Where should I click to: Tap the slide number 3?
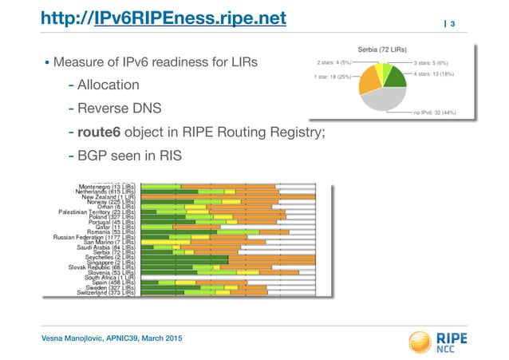pos(452,26)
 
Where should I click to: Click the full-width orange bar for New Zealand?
pos(227,196)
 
